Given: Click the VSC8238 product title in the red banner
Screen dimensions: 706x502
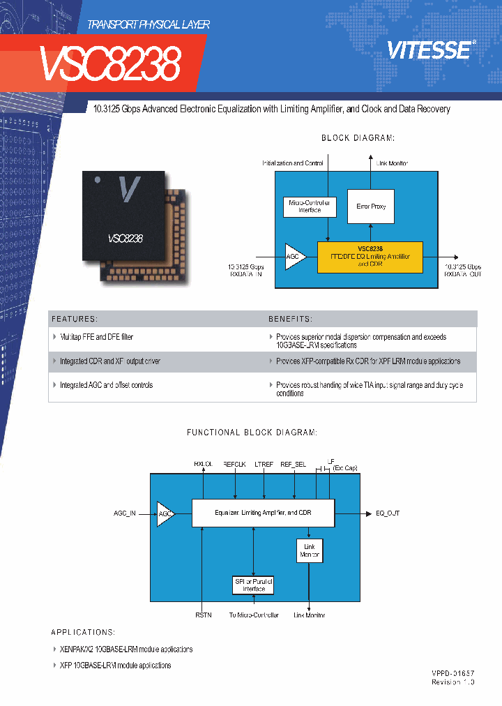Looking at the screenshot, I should coord(109,64).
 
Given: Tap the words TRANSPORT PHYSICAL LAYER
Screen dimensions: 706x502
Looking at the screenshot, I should coord(149,24).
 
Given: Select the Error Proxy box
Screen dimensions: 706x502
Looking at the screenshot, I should coord(371,206).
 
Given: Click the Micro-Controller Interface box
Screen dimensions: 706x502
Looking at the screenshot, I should coord(310,206).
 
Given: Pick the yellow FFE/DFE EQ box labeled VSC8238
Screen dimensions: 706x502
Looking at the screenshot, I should coord(370,257).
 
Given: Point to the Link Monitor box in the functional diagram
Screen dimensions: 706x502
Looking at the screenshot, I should coord(310,551).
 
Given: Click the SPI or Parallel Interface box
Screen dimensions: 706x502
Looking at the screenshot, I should coord(254,585).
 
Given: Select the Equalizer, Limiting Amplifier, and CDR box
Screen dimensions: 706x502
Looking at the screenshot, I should coord(263,513).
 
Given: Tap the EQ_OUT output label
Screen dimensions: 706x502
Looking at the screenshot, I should coord(388,513).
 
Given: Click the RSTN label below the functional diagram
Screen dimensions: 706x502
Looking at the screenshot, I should coord(202,615).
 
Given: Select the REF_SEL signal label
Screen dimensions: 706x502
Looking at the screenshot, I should coord(293,463).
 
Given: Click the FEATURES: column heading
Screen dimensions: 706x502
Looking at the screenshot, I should coord(75,319).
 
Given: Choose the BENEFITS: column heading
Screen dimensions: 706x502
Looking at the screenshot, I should coord(291,319).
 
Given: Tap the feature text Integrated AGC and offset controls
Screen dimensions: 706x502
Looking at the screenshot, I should coord(106,385).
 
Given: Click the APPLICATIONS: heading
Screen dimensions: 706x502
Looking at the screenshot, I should coord(83,632).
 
